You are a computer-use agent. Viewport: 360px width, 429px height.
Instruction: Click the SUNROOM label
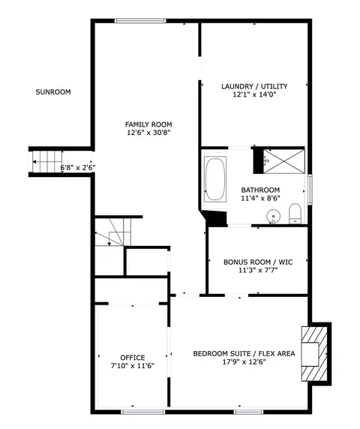53,92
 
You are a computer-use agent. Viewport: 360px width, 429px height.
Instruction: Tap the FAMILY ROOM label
148,124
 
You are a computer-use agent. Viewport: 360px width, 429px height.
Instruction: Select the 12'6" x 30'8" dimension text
148,133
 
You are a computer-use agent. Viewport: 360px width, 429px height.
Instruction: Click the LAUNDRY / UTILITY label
254,86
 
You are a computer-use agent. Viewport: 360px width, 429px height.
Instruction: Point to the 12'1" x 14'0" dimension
254,94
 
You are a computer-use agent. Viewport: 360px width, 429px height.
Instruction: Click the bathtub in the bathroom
215,179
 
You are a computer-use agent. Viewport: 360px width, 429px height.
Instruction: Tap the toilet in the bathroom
295,214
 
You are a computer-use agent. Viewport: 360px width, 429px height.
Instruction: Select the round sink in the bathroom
273,216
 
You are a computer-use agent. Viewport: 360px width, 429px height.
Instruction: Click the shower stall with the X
284,161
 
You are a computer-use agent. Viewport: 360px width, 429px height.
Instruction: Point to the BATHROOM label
260,190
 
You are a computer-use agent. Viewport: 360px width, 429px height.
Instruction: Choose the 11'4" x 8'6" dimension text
260,198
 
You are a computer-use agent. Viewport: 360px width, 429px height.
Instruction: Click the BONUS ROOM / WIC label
258,262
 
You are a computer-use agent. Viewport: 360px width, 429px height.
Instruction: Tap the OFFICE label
133,358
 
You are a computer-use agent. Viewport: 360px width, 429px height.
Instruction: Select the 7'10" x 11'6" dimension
133,366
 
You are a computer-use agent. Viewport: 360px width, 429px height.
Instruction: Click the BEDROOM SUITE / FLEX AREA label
244,354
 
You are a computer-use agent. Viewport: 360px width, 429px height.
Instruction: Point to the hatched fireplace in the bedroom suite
314,354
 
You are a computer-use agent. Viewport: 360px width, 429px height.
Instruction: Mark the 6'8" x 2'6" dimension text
78,167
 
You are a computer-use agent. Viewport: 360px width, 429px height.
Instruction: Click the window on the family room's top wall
140,21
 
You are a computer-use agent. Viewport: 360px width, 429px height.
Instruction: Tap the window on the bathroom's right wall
310,189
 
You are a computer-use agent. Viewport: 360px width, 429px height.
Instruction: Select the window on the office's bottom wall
143,412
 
